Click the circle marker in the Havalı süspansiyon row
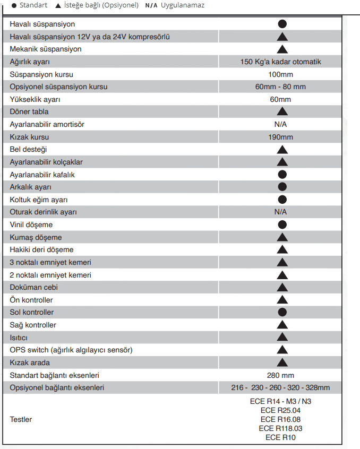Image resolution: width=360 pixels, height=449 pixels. (282, 24)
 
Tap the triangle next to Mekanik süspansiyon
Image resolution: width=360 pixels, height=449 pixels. (282, 49)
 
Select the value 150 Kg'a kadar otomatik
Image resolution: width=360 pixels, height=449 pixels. (280, 62)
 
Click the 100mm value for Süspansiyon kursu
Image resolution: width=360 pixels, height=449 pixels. (280, 74)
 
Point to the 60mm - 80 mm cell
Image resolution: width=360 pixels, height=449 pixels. (280, 87)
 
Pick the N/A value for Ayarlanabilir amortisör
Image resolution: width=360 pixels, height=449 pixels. (280, 124)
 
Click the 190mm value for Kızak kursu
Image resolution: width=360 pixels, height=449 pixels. (280, 137)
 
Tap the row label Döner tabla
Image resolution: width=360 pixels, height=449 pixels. (29, 111)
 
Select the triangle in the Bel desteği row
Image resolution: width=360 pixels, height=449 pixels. (282, 150)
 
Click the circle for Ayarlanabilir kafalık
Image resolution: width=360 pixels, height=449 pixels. (282, 175)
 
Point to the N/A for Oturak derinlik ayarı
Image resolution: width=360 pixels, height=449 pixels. (280, 212)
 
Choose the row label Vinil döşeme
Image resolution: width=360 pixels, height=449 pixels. (31, 225)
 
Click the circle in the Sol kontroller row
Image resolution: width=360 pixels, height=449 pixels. (282, 312)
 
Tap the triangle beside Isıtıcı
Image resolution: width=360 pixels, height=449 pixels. (282, 337)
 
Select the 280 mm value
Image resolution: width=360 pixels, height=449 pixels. (280, 375)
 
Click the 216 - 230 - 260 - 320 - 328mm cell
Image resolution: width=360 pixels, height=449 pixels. (280, 387)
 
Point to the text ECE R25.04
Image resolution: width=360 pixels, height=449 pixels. (280, 410)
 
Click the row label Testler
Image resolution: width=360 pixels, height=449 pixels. (21, 419)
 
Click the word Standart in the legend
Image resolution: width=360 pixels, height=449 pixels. (33, 5)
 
